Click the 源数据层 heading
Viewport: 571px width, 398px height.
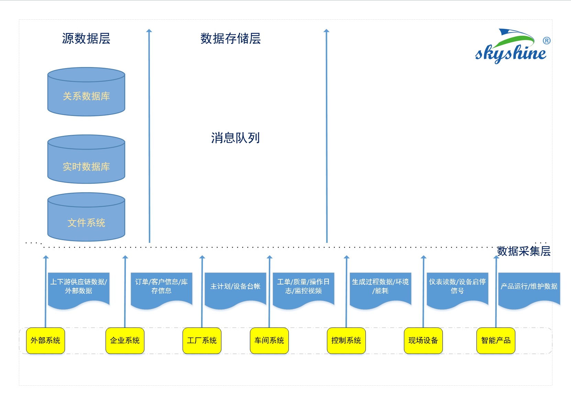click(x=86, y=39)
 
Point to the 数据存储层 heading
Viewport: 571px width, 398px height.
click(x=230, y=39)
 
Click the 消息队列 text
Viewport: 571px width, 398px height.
click(x=235, y=138)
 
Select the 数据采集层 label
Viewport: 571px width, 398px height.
click(x=523, y=251)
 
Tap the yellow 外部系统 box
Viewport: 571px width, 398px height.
click(x=45, y=341)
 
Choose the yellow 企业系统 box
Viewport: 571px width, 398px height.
click(x=125, y=341)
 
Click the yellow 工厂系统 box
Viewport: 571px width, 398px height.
click(x=202, y=341)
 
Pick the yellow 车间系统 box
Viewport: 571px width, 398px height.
click(x=269, y=341)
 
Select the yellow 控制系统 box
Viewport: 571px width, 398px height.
click(x=346, y=341)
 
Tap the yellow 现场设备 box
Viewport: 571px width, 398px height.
click(x=423, y=341)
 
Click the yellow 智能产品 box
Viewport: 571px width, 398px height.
click(x=496, y=341)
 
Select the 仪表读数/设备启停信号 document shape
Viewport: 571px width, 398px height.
click(x=457, y=288)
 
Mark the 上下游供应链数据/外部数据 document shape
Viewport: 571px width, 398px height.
click(x=79, y=288)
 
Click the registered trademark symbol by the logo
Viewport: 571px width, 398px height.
click(x=547, y=41)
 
